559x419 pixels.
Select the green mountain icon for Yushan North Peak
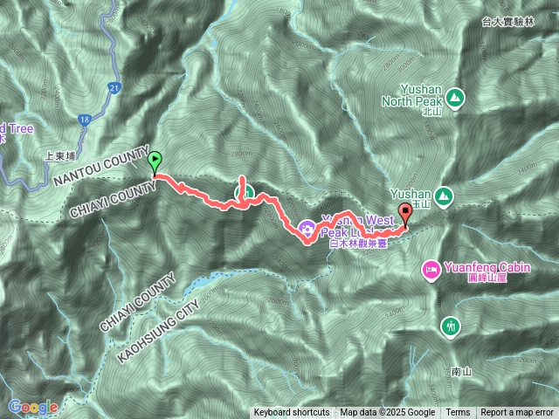454,95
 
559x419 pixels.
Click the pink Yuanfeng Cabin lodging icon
431,270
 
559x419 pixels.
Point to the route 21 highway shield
115,88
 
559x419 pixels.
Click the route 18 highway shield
84,119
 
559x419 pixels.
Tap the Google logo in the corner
33,407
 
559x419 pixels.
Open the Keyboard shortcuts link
292,413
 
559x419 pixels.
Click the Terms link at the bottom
458,413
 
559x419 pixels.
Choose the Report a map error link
518,413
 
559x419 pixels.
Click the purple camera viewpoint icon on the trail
307,229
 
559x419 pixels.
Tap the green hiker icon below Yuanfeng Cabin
450,326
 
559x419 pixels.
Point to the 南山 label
462,371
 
